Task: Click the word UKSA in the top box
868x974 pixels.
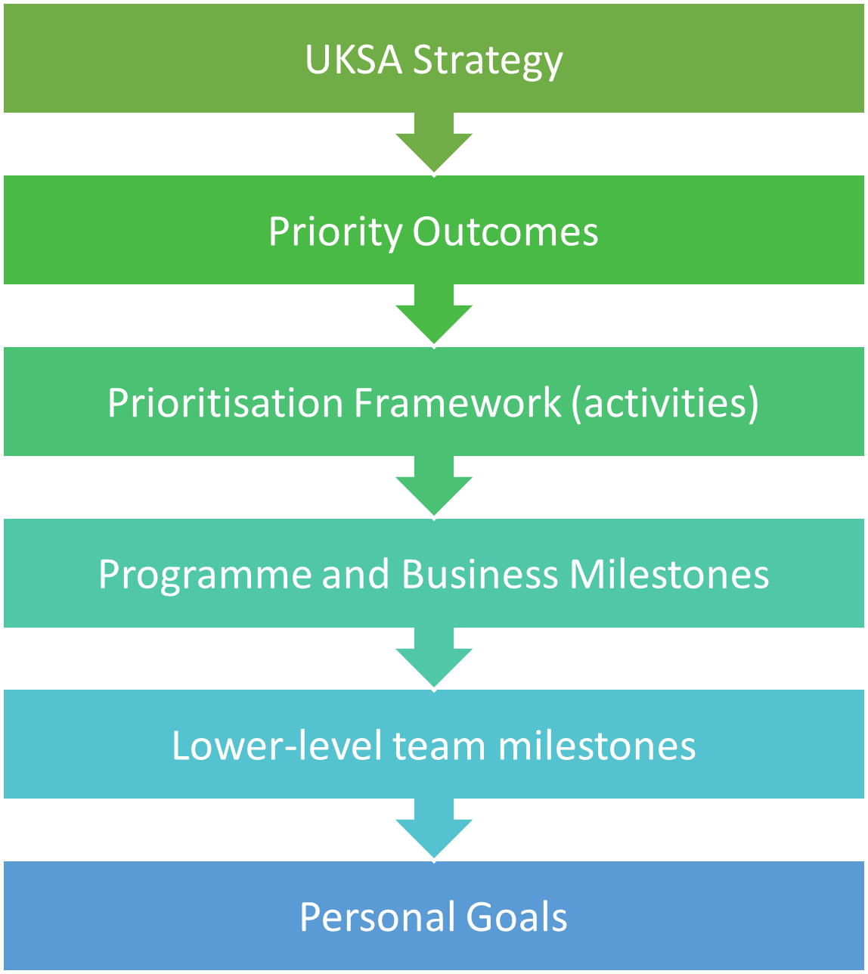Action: tap(353, 60)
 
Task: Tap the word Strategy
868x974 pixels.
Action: tap(488, 62)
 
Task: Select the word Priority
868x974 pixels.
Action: tap(336, 233)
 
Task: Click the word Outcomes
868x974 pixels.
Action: tap(506, 231)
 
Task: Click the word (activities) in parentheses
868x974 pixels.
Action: tap(665, 403)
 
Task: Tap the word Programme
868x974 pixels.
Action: tap(206, 575)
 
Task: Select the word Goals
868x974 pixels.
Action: tap(516, 917)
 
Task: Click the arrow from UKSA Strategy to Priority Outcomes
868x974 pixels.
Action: tap(434, 143)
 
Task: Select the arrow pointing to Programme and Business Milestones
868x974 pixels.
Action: tap(434, 486)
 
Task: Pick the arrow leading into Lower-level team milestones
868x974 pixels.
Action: tap(434, 657)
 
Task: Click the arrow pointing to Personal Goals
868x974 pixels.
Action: tap(434, 829)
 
